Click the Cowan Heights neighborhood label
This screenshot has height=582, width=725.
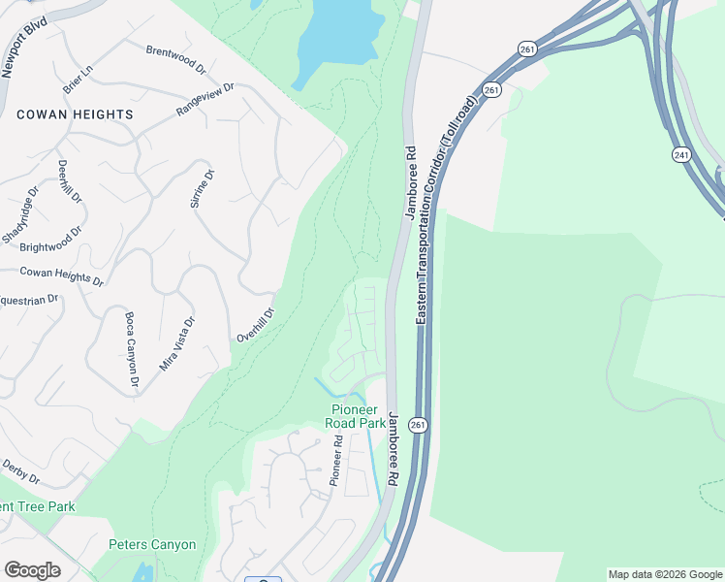pos(75,114)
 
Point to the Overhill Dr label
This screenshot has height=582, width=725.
pos(256,325)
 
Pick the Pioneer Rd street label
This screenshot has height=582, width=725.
pos(336,460)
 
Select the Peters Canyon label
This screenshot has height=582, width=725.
pos(152,545)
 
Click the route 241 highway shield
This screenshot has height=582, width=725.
pos(682,154)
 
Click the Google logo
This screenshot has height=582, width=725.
pos(32,569)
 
